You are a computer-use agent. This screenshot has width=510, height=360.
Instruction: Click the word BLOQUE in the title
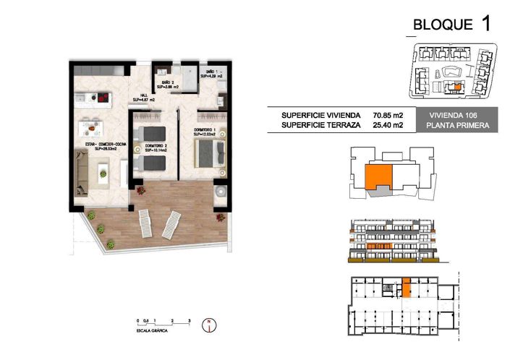[x=442, y=25]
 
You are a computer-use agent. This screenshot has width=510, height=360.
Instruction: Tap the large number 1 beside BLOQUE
[x=485, y=22]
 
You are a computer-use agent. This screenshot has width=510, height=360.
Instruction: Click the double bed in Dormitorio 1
[x=211, y=153]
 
